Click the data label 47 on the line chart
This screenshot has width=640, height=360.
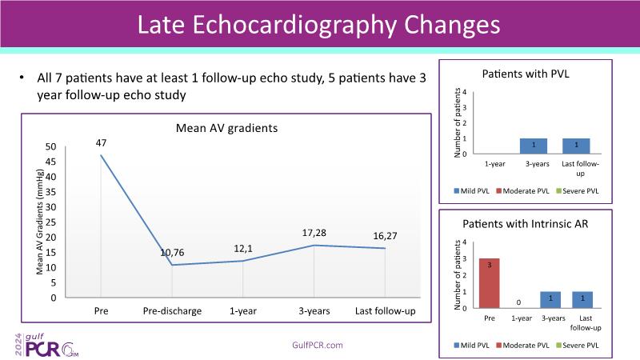coord(101,143)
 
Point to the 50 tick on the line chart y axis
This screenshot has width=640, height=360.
coord(51,147)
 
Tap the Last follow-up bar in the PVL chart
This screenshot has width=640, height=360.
coord(576,146)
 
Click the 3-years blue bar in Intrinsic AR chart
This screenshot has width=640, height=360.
coord(550,300)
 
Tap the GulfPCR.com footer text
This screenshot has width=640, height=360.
coord(318,345)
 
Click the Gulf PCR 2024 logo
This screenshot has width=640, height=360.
coord(40,344)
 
